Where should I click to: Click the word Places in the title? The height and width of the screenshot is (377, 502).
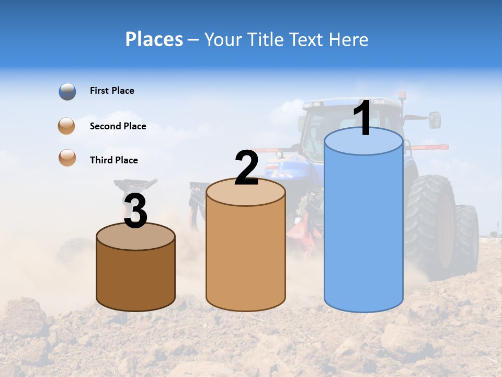click(x=154, y=39)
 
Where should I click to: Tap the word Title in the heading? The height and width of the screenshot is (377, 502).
click(x=266, y=39)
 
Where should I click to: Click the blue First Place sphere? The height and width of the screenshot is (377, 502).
click(x=67, y=92)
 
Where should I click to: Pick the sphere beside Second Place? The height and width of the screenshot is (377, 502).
click(x=67, y=126)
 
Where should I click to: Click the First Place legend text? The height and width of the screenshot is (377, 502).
click(x=112, y=91)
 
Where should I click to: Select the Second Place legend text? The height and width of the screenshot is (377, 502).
click(x=118, y=126)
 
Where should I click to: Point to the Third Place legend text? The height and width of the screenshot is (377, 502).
click(x=113, y=160)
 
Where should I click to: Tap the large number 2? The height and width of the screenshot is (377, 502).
click(x=246, y=168)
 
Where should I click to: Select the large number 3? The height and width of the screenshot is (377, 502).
click(x=135, y=212)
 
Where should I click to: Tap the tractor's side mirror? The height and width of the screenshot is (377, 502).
click(x=435, y=120)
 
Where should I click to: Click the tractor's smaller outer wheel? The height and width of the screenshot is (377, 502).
click(x=466, y=236)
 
